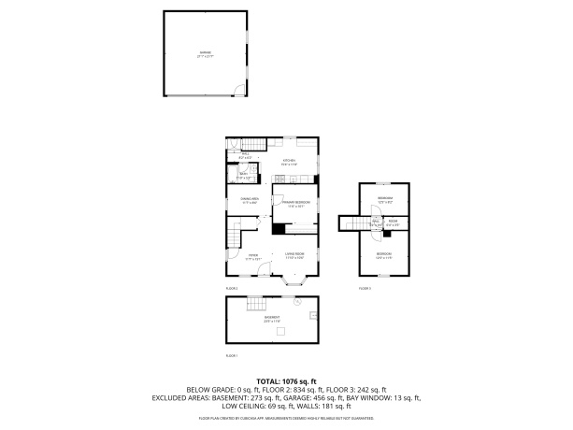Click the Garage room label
tap(204, 54)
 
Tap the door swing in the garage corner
tap(239, 91)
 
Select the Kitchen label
tap(289, 162)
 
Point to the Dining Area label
tap(249, 200)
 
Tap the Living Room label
tap(296, 255)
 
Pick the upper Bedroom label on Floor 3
tap(384, 199)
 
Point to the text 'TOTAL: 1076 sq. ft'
tap(287, 381)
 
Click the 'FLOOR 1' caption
tap(232, 356)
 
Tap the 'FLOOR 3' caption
tap(365, 289)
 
